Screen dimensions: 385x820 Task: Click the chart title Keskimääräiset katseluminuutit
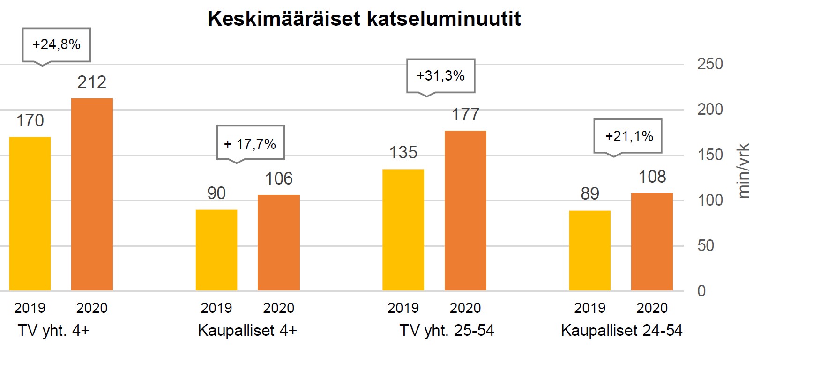click(x=364, y=19)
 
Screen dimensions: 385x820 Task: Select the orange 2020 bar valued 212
click(x=92, y=194)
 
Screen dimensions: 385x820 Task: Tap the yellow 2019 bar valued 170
click(x=30, y=214)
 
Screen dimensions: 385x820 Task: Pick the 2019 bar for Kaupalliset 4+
click(x=216, y=250)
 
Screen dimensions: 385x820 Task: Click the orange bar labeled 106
click(x=279, y=243)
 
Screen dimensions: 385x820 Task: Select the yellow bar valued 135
click(x=403, y=230)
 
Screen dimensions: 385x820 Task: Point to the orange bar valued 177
click(x=465, y=211)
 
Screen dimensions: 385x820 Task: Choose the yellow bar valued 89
click(x=590, y=251)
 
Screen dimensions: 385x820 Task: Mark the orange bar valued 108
click(x=652, y=242)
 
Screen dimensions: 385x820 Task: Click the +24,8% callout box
click(x=57, y=44)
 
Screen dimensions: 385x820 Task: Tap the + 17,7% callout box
click(x=250, y=143)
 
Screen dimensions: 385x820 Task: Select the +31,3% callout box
click(x=440, y=76)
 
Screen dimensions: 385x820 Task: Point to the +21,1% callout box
click(x=628, y=136)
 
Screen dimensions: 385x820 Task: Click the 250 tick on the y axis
click(x=710, y=64)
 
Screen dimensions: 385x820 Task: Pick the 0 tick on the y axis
click(x=701, y=291)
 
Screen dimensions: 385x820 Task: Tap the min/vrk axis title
click(x=744, y=171)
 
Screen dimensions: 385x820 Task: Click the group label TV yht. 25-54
click(x=447, y=331)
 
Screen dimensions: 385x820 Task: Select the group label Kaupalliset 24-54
click(x=622, y=331)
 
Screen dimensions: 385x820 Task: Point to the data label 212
click(x=92, y=82)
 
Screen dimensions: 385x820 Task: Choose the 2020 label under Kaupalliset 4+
click(x=278, y=308)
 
